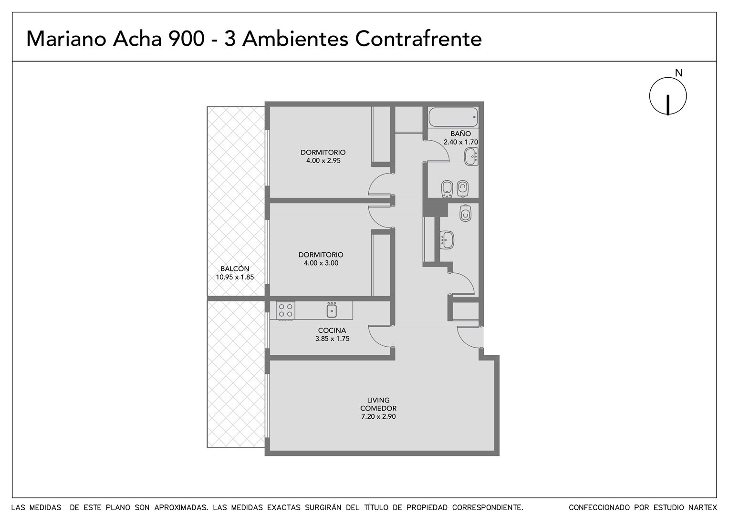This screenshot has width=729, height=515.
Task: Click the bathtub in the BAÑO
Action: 453,117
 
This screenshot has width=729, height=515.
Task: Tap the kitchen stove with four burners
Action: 285,310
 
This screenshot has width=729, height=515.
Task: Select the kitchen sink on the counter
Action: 332,309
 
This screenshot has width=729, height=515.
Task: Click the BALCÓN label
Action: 235,269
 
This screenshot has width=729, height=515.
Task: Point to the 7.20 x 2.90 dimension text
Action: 378,416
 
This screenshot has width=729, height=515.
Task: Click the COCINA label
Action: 332,330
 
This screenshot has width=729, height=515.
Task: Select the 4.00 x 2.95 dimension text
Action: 323,160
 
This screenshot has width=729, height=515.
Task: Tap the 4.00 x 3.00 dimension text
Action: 321,263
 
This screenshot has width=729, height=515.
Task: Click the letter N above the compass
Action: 678,73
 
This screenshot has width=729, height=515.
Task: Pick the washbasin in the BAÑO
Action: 471,156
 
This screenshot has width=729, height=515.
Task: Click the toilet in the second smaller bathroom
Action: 465,214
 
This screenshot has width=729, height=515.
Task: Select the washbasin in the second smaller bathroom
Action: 447,240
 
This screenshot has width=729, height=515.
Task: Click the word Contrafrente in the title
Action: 418,39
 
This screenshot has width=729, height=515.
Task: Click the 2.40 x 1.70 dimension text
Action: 460,142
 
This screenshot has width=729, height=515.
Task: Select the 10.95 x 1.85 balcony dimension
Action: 235,277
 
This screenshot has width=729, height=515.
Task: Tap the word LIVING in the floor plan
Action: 378,400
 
